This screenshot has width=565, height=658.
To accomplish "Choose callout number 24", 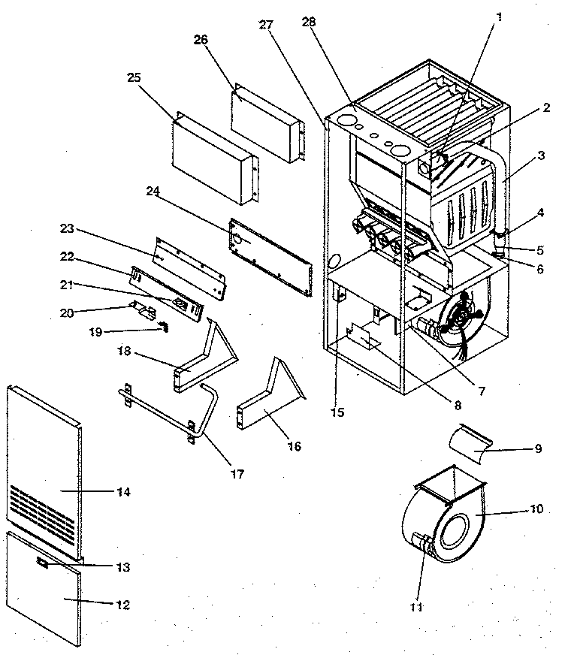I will [x=153, y=193].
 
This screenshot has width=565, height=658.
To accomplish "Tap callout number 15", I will [x=338, y=412].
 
